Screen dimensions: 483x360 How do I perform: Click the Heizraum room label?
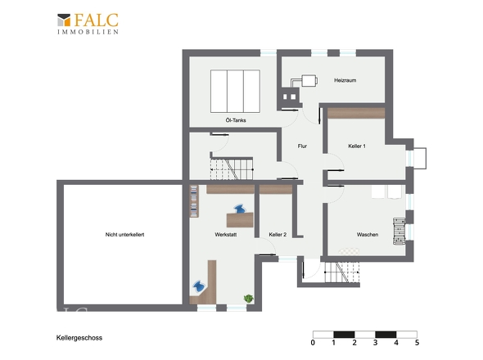345,80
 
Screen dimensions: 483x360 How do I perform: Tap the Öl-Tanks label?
236,120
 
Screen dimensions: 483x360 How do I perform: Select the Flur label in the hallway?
302,146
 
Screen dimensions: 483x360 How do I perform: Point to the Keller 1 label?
357,146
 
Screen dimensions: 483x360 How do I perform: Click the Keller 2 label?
278,234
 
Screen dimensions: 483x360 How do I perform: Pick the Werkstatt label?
226,234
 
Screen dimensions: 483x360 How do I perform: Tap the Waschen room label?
368,234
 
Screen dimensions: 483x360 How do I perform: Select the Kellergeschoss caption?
79,338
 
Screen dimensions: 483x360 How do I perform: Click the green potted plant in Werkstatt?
248,299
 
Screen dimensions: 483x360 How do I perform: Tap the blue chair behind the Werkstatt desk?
240,209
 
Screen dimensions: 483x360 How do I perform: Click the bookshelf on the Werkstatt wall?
194,201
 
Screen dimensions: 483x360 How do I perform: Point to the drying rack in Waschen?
399,232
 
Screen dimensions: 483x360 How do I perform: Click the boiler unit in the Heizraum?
309,81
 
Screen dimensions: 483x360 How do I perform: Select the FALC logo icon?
64,20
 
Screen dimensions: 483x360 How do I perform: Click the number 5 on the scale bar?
417,343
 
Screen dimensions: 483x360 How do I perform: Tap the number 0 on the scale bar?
313,343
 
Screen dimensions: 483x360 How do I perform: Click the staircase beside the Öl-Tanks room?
232,169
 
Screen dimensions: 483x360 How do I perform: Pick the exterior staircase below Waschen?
342,272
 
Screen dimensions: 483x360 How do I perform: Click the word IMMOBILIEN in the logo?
88,32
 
